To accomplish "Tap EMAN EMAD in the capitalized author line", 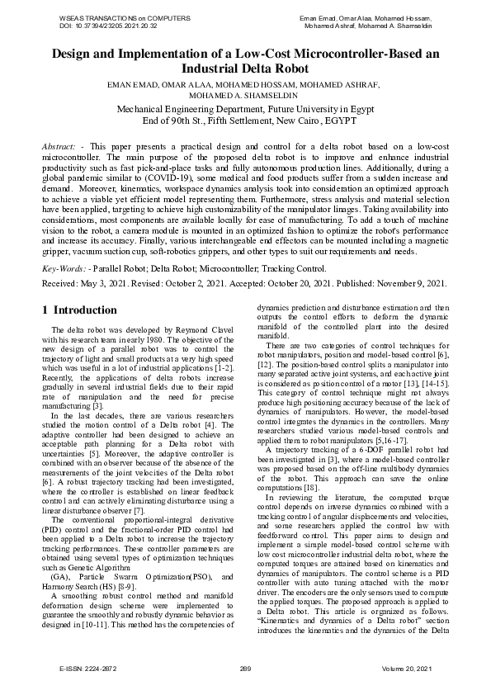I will tap(133, 85).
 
